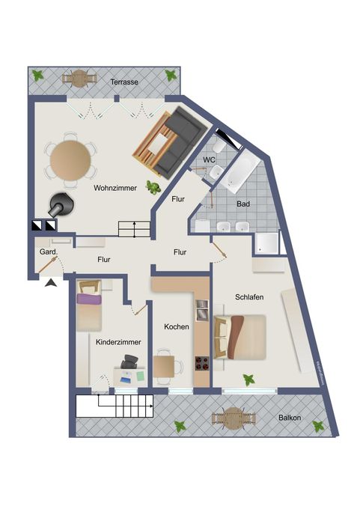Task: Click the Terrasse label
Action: (124, 82)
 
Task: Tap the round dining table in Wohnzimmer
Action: (70, 159)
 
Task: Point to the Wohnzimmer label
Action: (115, 188)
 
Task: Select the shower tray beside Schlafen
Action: (267, 243)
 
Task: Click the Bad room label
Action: (243, 204)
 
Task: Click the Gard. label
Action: (49, 252)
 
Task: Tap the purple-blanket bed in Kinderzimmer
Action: (89, 305)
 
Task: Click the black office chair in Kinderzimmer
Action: (129, 362)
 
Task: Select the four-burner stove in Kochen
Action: (202, 363)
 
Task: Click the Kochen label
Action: (177, 326)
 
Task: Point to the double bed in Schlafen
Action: (240, 337)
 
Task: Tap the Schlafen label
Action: (249, 297)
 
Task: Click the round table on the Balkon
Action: (234, 418)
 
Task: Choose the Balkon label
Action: (290, 418)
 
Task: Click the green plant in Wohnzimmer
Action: (153, 187)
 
